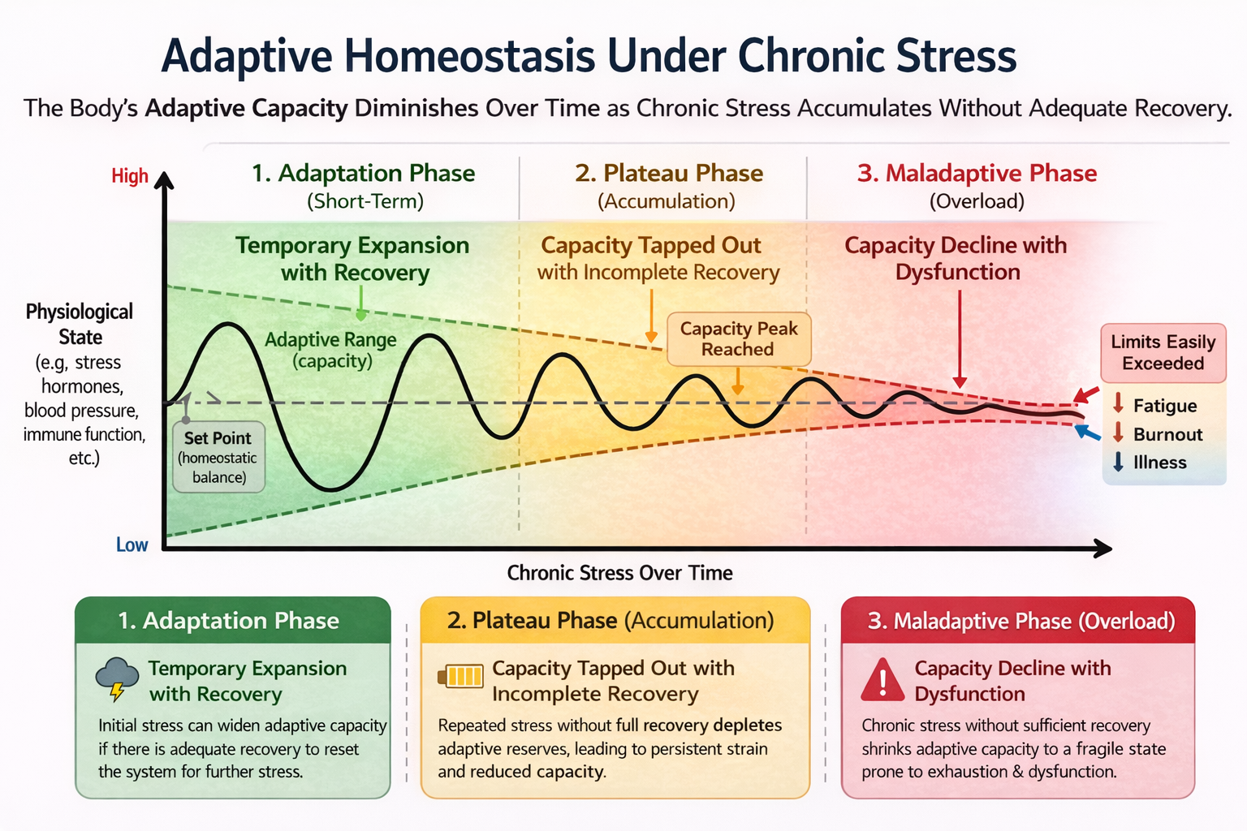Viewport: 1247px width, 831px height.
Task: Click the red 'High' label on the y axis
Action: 130,176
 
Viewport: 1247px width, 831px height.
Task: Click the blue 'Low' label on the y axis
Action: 132,545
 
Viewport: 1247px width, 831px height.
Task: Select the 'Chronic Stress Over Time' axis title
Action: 619,573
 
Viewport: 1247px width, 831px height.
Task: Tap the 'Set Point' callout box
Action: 218,457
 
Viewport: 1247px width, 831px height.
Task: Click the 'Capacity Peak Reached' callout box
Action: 739,339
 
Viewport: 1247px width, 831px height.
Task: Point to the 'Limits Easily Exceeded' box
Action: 1163,353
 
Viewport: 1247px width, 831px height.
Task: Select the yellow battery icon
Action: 460,676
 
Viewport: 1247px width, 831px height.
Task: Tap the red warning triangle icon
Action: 882,680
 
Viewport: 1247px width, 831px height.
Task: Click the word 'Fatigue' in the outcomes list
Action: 1164,406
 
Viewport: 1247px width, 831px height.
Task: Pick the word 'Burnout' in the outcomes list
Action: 1167,434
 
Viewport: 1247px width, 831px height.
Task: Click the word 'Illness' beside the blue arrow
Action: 1159,463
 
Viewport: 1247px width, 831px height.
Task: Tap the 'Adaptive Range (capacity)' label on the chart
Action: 330,350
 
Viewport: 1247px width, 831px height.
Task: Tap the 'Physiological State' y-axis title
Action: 80,325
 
